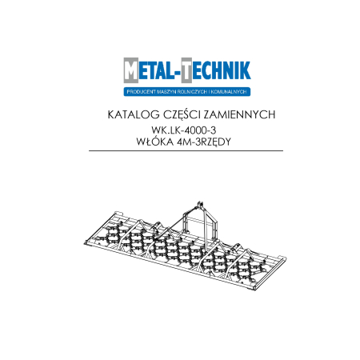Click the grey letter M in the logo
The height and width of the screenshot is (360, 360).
tap(131, 73)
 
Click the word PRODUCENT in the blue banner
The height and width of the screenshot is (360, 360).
tap(142, 90)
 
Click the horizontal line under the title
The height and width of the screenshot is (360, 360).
tap(179, 150)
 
